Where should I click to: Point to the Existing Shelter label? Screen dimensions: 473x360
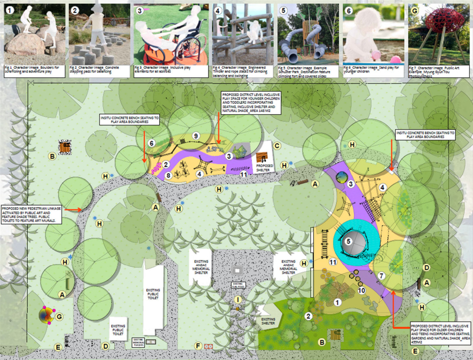[x=268, y=321]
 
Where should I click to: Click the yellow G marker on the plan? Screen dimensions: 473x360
[x=60, y=317]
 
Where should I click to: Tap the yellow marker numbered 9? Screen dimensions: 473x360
[x=196, y=136]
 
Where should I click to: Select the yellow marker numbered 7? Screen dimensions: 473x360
[x=381, y=275]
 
